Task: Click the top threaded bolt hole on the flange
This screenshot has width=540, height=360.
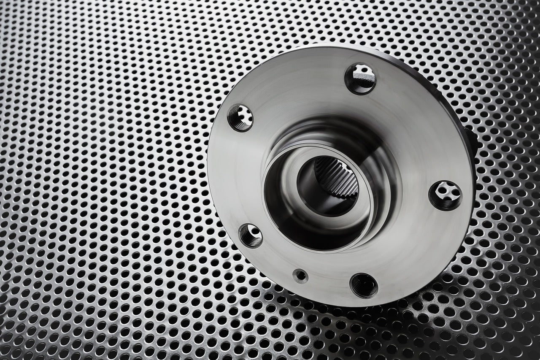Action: (x=360, y=78)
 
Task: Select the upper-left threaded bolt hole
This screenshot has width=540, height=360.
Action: (x=240, y=118)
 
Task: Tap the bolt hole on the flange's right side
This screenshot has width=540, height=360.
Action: (x=445, y=195)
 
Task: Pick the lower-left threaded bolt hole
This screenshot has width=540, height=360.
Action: (x=250, y=235)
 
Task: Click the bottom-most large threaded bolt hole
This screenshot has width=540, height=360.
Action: (x=364, y=285)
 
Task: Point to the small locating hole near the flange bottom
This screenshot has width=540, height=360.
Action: (x=300, y=276)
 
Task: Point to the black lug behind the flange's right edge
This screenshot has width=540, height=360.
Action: (x=472, y=139)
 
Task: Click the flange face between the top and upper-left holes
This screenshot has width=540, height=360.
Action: (x=295, y=84)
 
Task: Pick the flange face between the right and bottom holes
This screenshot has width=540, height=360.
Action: (x=418, y=253)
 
